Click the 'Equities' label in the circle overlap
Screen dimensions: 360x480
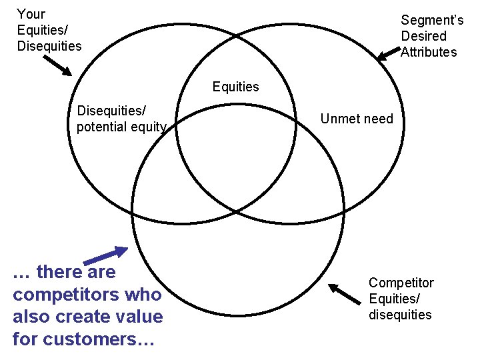235,87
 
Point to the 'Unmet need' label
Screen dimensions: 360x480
357,119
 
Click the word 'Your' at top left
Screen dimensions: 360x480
31,14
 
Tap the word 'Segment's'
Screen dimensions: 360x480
432,21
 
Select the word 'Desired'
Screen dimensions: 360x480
423,36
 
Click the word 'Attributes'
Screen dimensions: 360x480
429,52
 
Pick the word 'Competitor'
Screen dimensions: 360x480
401,283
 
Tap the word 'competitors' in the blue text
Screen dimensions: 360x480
87,295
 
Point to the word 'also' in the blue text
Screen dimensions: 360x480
31,317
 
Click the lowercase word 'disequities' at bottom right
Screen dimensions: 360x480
400,315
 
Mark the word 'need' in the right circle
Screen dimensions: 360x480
378,119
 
